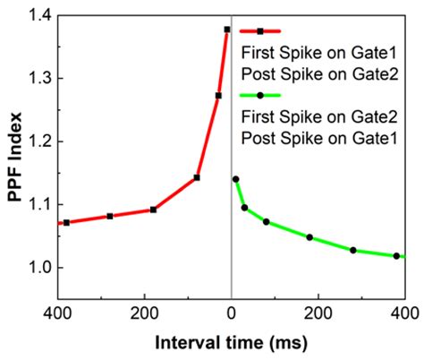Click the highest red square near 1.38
click(227, 30)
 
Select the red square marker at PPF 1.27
click(218, 96)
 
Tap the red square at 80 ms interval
click(197, 177)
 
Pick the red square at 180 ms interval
click(153, 210)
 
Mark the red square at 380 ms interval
click(67, 222)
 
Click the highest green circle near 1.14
click(235, 179)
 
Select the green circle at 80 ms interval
click(267, 221)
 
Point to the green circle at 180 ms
click(310, 237)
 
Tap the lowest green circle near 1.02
click(396, 256)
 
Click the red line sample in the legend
click(262, 32)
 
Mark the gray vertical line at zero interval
click(232, 224)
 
